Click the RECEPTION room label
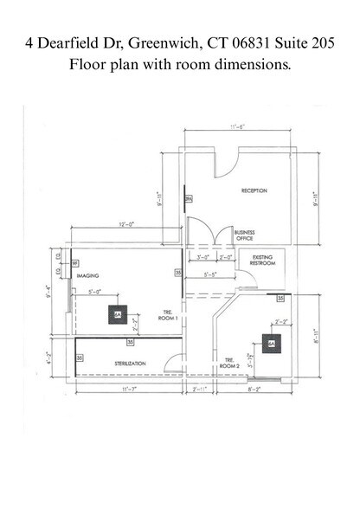pyautogui.click(x=254, y=190)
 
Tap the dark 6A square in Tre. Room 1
pyautogui.click(x=117, y=316)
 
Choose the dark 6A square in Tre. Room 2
pyautogui.click(x=271, y=344)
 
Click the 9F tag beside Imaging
pyautogui.click(x=74, y=262)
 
